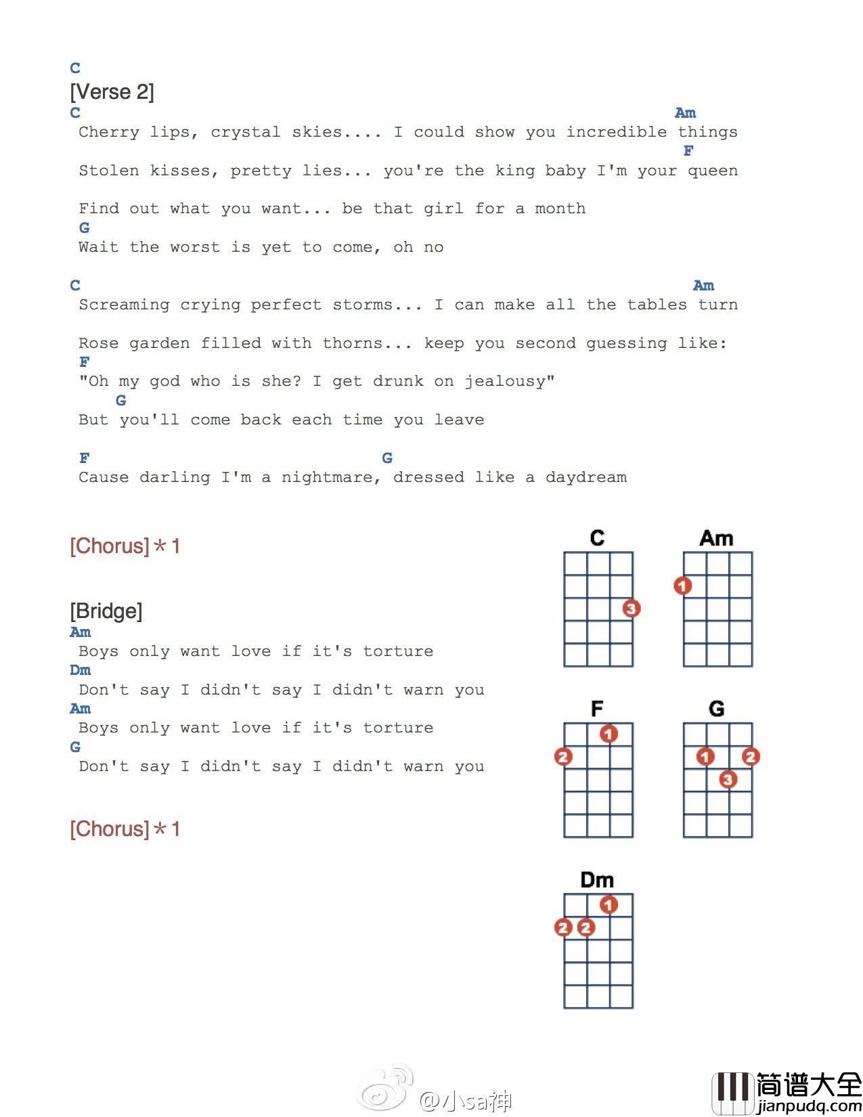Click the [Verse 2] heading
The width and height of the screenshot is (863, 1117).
[x=112, y=91]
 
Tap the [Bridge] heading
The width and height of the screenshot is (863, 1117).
[x=106, y=611]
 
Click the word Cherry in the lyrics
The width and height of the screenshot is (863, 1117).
[x=109, y=132]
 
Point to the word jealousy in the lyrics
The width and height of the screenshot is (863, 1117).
[x=508, y=381]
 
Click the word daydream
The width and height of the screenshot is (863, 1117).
[x=585, y=477]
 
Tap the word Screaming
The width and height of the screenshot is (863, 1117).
[x=124, y=305]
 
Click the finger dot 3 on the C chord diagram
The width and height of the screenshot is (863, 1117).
[x=631, y=609]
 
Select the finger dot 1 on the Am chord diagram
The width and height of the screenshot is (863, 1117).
[x=683, y=586]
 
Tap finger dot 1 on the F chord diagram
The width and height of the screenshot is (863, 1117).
[x=608, y=734]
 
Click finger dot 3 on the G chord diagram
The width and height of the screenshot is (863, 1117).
[x=728, y=779]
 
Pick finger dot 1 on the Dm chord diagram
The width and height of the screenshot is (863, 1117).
[x=608, y=904]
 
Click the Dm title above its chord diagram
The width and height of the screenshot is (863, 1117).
[x=597, y=879]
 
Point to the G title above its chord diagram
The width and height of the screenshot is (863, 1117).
[x=716, y=709]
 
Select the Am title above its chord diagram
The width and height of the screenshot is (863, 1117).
[x=716, y=538]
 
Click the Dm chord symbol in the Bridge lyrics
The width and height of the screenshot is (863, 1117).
[x=80, y=670]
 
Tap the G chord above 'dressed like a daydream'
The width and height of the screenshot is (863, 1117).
[x=387, y=458]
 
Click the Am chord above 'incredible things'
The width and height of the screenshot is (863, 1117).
[x=685, y=113]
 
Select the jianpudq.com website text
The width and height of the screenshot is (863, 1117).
[x=809, y=1107]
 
